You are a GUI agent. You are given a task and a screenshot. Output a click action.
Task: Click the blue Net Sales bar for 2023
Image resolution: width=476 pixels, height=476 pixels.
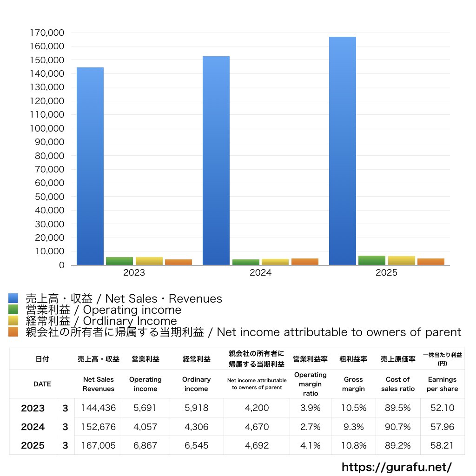[90, 166]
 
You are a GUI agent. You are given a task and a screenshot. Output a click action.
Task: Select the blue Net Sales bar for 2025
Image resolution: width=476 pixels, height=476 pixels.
[343, 151]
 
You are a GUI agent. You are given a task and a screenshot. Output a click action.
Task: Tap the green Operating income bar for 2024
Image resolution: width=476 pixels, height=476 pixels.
[246, 262]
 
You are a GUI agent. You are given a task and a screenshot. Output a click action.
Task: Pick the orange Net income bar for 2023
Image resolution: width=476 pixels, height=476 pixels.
[178, 262]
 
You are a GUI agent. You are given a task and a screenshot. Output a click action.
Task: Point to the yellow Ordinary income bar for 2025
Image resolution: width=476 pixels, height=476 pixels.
[401, 260]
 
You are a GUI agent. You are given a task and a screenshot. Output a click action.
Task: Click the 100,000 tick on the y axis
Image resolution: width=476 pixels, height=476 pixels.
[47, 128]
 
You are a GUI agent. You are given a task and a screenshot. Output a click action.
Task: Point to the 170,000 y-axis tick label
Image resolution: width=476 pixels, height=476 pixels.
[47, 33]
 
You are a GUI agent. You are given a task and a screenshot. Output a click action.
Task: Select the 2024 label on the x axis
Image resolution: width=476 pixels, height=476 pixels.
[260, 272]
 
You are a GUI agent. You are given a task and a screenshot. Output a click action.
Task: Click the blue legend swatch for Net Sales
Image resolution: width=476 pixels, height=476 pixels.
[13, 298]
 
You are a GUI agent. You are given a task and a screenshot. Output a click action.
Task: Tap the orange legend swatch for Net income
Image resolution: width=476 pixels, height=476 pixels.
[13, 332]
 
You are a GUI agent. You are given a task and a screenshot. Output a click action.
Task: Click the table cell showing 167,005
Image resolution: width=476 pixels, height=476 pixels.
[99, 445]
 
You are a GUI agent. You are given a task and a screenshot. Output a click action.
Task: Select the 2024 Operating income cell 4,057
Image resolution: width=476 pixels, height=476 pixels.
[145, 427]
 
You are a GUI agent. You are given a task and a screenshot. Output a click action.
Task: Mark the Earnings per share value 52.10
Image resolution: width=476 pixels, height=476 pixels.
[443, 408]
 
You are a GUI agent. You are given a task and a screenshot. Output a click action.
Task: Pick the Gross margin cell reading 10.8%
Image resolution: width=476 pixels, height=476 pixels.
[354, 445]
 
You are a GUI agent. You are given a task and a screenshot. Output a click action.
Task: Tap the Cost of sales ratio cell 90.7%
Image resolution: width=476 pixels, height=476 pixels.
[398, 427]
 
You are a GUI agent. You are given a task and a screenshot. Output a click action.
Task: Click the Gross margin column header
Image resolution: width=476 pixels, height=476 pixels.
[353, 384]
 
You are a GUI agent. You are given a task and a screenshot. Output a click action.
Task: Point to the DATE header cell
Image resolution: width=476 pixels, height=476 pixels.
[42, 384]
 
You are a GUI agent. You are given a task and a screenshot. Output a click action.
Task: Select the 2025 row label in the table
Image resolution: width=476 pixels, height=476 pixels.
[33, 445]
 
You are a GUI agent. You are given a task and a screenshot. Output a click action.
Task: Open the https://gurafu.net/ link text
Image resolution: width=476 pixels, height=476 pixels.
[397, 467]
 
